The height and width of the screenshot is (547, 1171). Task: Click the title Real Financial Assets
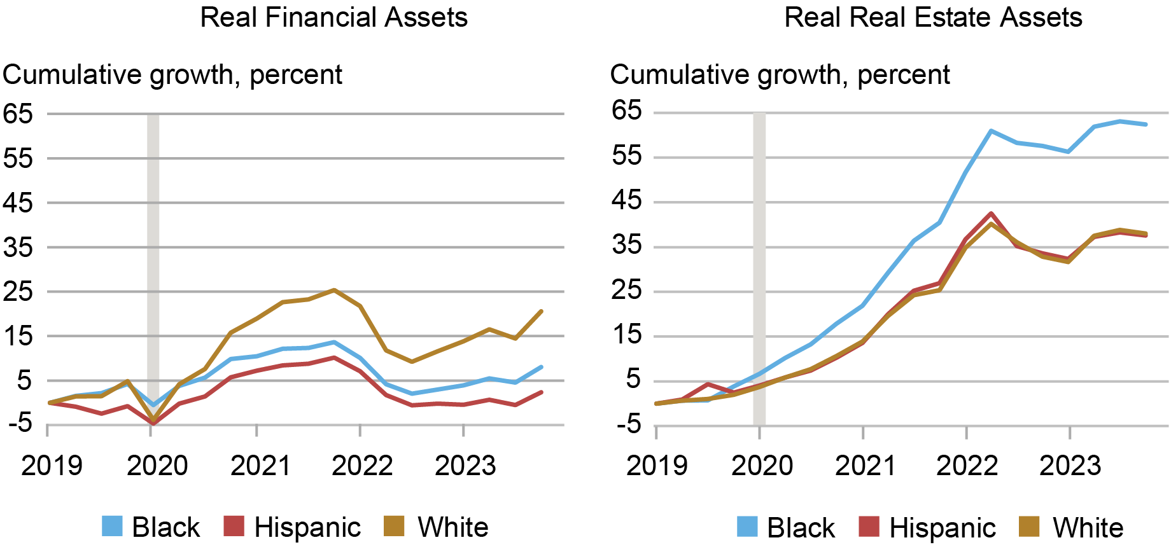[x=333, y=17]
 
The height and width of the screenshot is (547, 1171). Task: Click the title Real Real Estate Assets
[x=933, y=17]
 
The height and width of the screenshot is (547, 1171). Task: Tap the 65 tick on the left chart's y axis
[x=17, y=114]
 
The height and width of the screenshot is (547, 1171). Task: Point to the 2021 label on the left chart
[x=260, y=466]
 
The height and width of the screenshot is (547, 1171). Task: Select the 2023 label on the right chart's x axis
[x=1070, y=466]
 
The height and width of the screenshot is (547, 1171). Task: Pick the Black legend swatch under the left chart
[x=112, y=527]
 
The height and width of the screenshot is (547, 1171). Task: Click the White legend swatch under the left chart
[x=395, y=527]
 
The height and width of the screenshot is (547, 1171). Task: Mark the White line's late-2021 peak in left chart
[x=334, y=290]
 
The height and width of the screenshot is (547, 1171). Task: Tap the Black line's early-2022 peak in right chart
[x=992, y=131]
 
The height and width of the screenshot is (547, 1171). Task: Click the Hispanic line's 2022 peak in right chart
[x=992, y=214]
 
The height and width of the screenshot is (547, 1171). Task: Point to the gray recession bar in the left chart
[x=153, y=254]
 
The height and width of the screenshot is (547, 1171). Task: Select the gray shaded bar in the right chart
[x=759, y=254]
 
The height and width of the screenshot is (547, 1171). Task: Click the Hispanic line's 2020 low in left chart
[x=153, y=423]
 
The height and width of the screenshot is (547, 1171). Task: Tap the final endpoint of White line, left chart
[x=541, y=311]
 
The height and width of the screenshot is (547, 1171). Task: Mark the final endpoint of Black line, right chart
[x=1146, y=125]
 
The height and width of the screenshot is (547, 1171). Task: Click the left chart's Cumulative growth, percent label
[x=172, y=75]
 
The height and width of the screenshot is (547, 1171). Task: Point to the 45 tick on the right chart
[x=626, y=201]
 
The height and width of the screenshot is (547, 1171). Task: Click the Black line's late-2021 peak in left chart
[x=334, y=342]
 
